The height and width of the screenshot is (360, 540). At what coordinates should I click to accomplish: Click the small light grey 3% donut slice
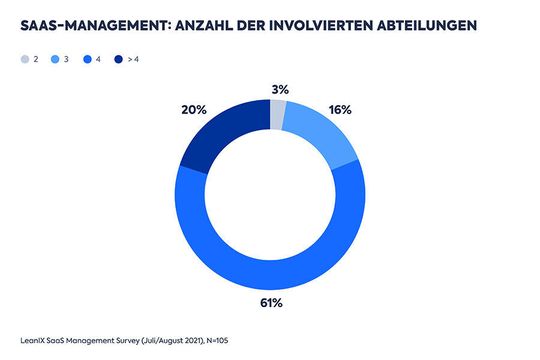278,115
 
